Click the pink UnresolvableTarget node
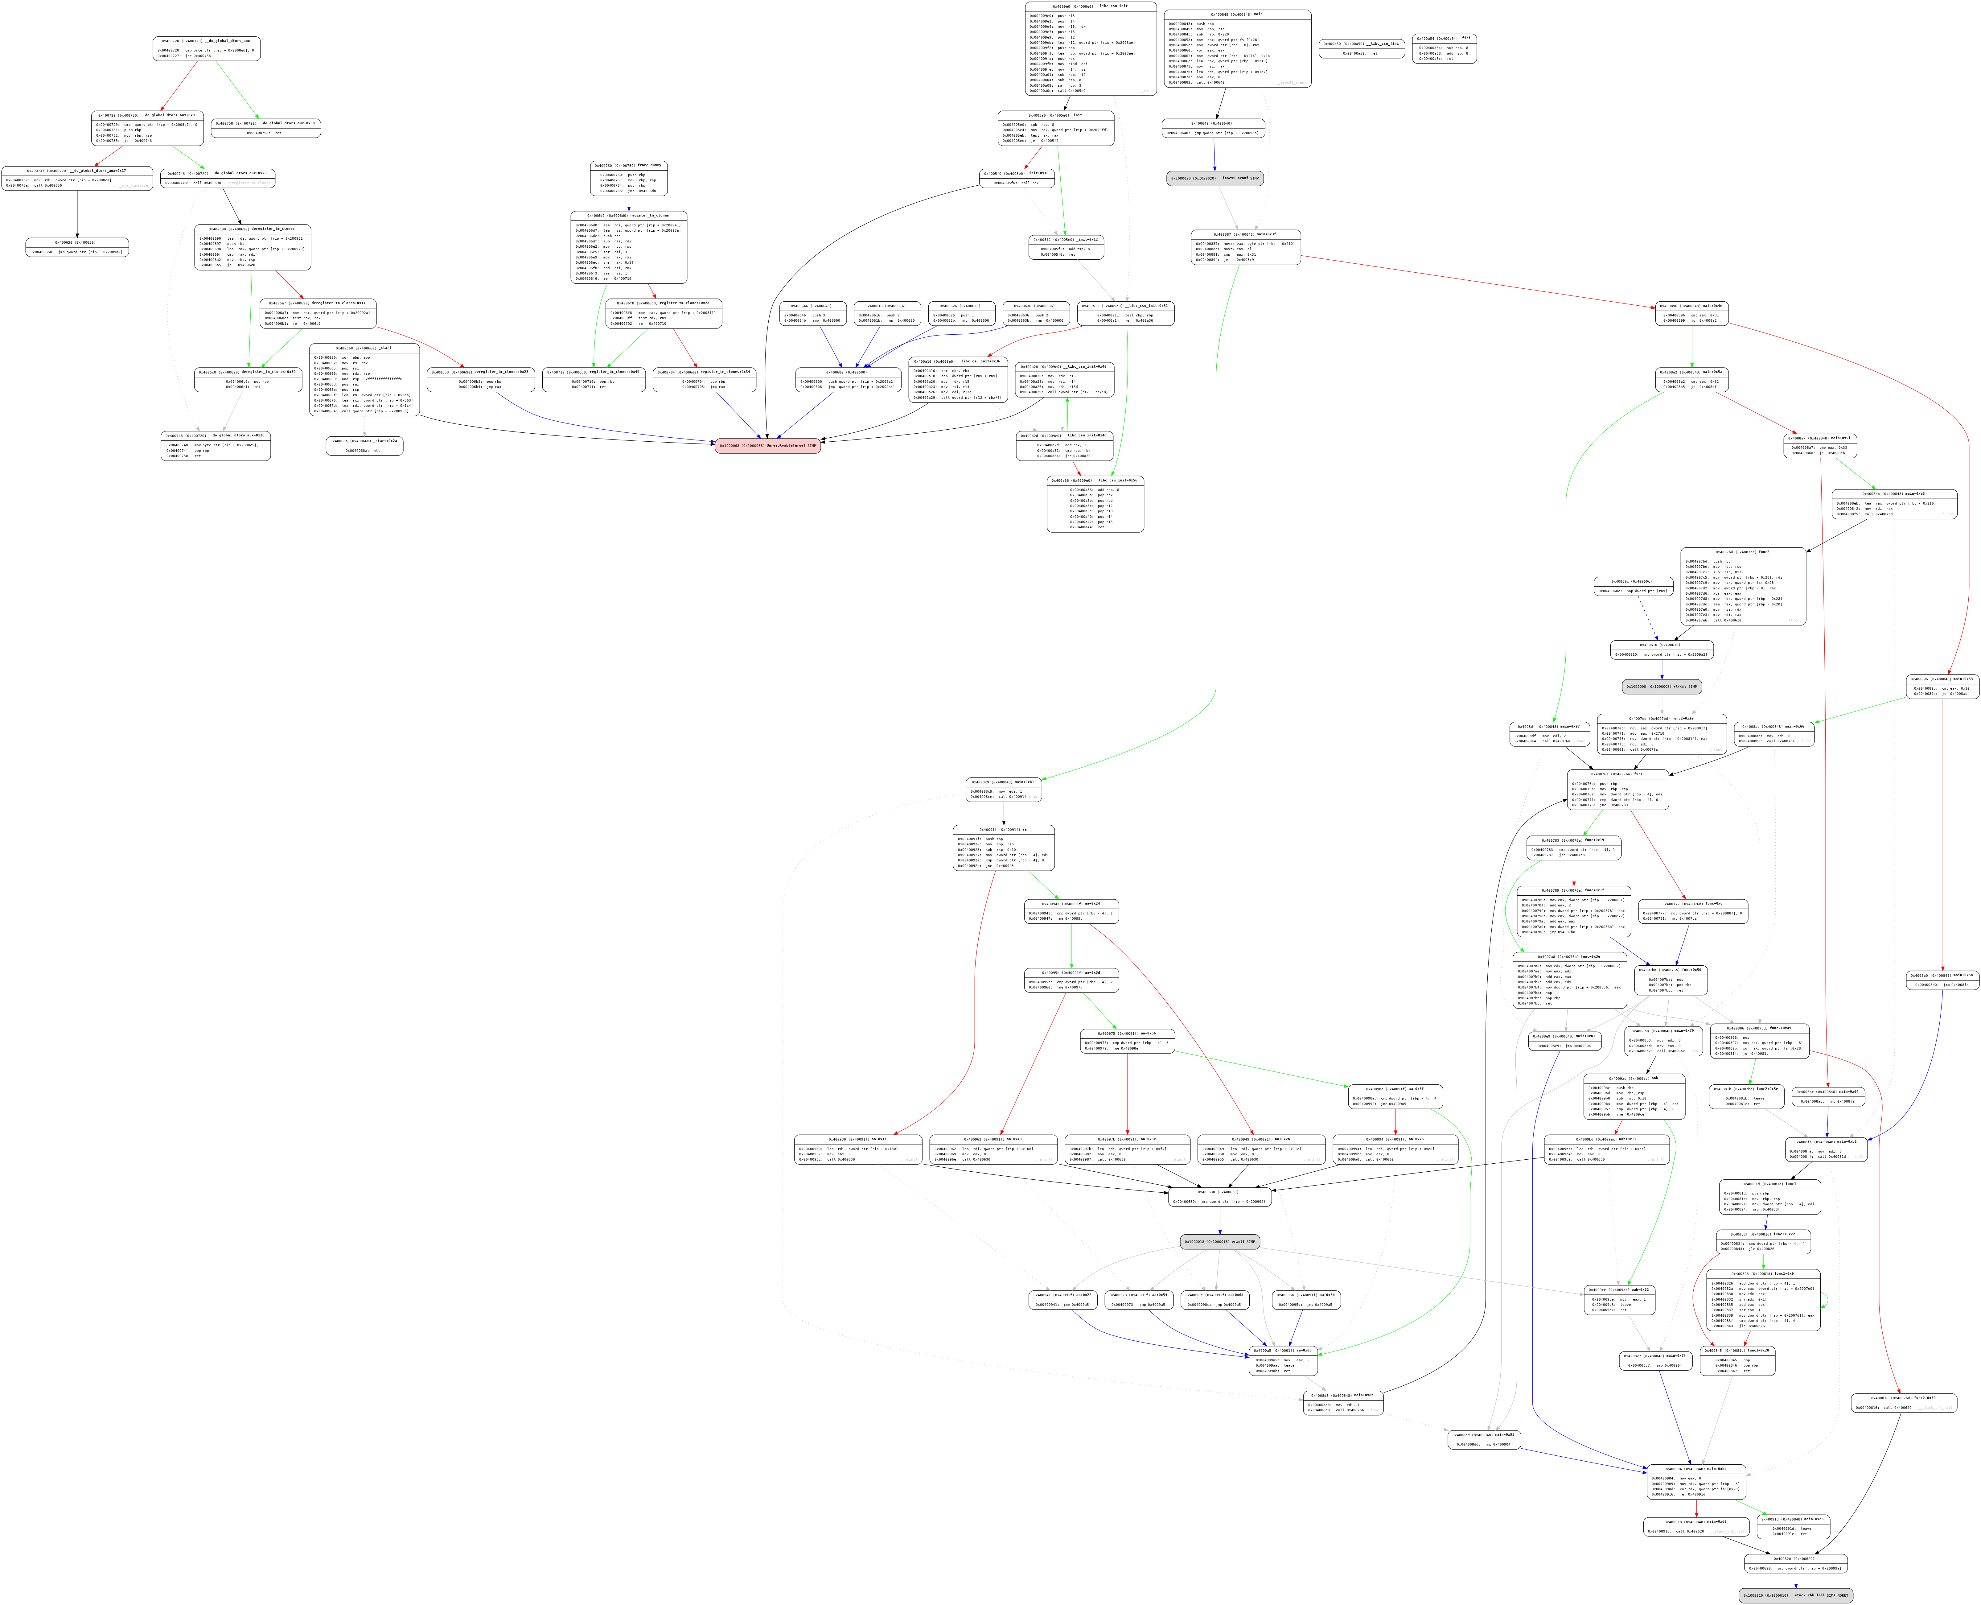[x=767, y=446]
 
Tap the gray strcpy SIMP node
[x=1661, y=687]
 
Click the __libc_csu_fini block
[x=1361, y=48]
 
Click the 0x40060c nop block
[x=1634, y=586]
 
